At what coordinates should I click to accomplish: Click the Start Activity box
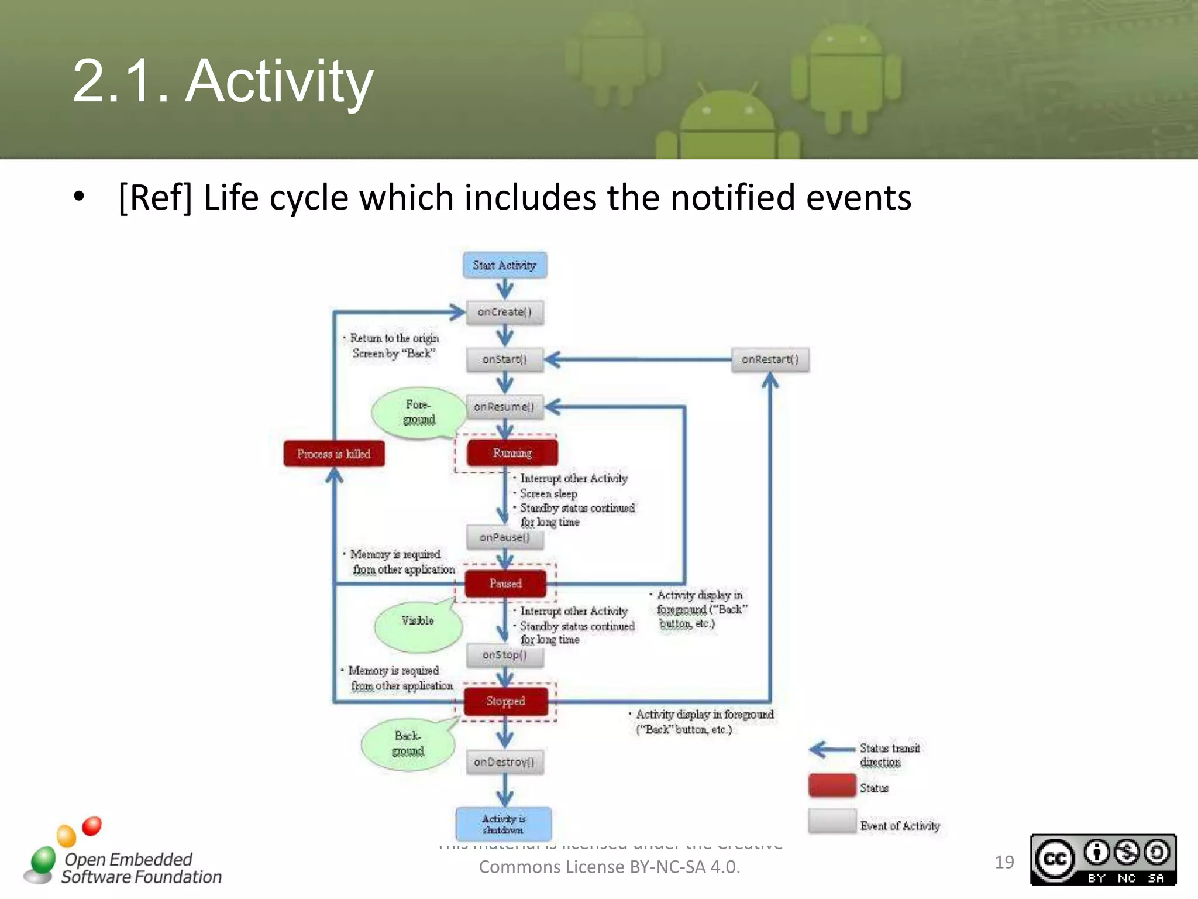pyautogui.click(x=505, y=265)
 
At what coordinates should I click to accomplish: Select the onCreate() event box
pyautogui.click(x=505, y=312)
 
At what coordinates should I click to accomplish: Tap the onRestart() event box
pyautogui.click(x=770, y=359)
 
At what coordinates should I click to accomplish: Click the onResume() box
pyautogui.click(x=505, y=407)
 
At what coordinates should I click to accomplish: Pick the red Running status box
pyautogui.click(x=512, y=453)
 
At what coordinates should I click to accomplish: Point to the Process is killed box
pyautogui.click(x=334, y=454)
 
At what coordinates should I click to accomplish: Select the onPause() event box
pyautogui.click(x=505, y=537)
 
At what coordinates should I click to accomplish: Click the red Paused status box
pyautogui.click(x=505, y=584)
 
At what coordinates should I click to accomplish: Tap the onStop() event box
pyautogui.click(x=505, y=655)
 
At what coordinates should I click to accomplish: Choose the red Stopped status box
pyautogui.click(x=506, y=701)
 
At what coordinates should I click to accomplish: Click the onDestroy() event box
pyautogui.click(x=505, y=762)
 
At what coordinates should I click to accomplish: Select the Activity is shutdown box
pyautogui.click(x=504, y=824)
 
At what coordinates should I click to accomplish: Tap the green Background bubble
pyautogui.click(x=408, y=743)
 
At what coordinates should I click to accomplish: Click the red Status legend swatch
pyautogui.click(x=832, y=786)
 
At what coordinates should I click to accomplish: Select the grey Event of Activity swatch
pyautogui.click(x=832, y=821)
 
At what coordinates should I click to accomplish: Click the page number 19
pyautogui.click(x=1004, y=862)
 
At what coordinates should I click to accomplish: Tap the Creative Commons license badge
pyautogui.click(x=1103, y=860)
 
